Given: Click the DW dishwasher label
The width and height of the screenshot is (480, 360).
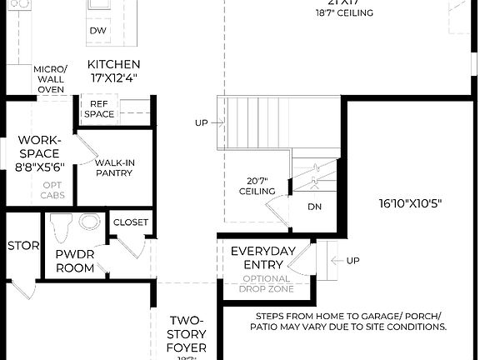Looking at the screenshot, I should point(97,30).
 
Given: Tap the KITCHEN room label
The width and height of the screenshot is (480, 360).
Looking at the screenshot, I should point(114,64).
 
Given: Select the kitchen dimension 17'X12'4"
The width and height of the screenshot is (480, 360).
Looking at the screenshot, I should point(114,77).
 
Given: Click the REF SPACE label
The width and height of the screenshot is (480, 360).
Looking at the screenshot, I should point(99,108).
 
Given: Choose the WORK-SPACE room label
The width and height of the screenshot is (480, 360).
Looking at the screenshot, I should point(39,147).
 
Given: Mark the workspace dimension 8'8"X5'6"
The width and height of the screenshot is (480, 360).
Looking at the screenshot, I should point(39,167).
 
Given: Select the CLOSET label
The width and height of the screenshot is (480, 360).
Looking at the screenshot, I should point(130,222).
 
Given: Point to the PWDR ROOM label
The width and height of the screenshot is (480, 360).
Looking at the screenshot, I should point(74,261).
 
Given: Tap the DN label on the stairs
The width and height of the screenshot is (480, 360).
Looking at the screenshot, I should point(314,207).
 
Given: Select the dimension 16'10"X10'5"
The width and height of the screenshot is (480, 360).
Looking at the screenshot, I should point(410,202).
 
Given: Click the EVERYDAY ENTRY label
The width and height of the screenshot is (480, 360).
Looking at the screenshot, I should point(263,257).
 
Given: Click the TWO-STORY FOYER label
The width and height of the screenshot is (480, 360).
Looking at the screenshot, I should point(187,333).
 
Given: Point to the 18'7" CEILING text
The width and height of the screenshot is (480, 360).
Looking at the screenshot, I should point(344,12).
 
